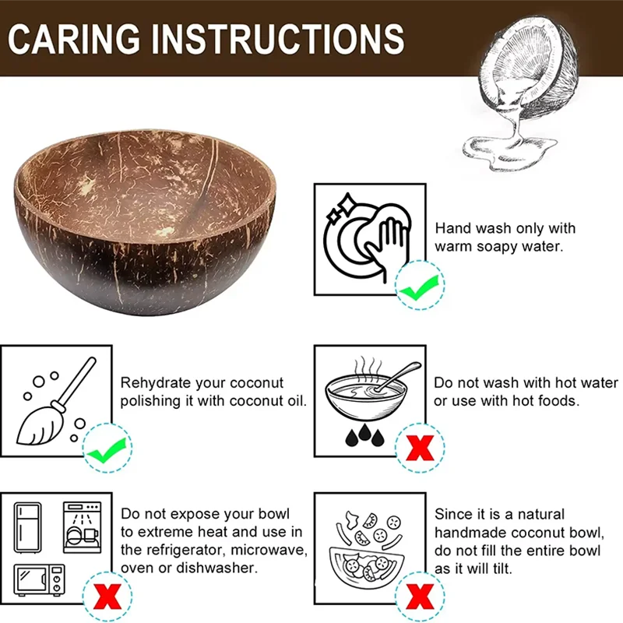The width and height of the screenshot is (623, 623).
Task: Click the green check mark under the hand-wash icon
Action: click(420, 287)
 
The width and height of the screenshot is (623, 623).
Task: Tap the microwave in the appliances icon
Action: click(40, 580)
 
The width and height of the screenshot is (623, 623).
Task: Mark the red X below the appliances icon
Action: click(107, 597)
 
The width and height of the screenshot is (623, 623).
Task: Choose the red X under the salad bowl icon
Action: click(421, 597)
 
